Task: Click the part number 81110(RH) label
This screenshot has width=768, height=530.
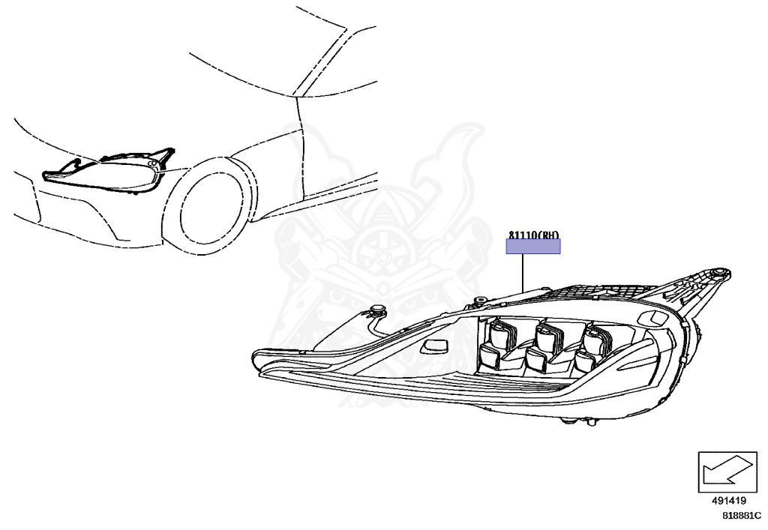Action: click(x=532, y=235)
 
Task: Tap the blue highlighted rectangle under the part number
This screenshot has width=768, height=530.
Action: click(x=532, y=247)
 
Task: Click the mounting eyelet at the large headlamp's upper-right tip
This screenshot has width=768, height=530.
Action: click(x=721, y=272)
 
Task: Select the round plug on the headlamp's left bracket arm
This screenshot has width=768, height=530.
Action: click(x=376, y=310)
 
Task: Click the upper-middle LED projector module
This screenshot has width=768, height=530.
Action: click(x=549, y=331)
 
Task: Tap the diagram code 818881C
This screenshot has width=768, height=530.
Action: click(x=741, y=516)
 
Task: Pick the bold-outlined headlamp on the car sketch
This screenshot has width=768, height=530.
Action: click(x=105, y=172)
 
